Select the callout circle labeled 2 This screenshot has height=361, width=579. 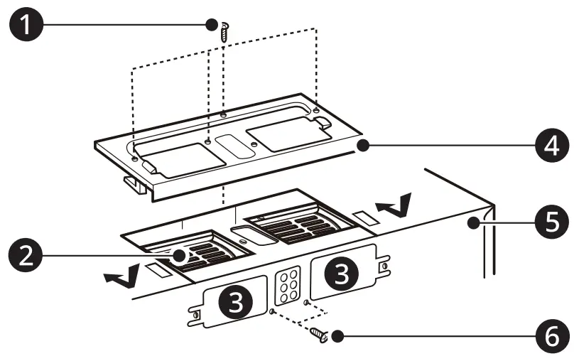point(24,254)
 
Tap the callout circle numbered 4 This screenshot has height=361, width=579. point(551,146)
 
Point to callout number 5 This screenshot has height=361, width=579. point(551,222)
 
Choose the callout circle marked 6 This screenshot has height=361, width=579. point(551,335)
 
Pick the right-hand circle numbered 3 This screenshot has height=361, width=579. point(341,271)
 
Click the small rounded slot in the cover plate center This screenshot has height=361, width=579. point(234,145)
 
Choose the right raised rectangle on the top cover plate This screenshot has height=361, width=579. point(284,132)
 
